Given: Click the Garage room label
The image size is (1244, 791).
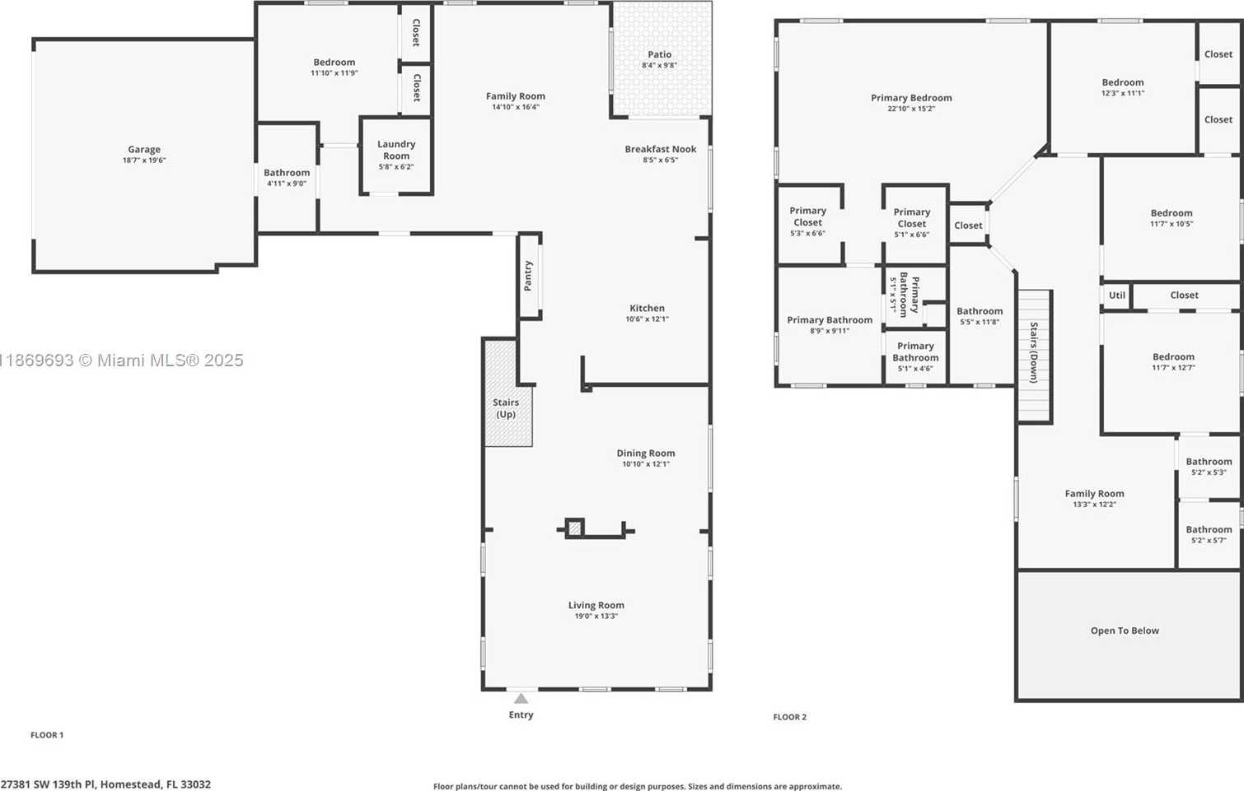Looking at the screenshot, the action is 144,149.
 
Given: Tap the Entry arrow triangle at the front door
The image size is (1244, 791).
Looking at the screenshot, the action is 521,698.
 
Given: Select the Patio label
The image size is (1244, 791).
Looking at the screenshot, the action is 660,54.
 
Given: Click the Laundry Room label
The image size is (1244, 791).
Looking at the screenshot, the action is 396,150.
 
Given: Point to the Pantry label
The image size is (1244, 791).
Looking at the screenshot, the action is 528,277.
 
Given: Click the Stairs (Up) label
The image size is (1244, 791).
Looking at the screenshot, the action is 506,408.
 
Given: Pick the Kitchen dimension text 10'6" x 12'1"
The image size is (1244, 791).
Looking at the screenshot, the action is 647,319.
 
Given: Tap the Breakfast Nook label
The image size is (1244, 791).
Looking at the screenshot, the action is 661,149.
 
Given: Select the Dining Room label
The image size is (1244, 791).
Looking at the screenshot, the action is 646,454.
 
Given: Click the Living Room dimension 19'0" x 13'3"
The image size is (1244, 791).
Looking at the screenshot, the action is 596,617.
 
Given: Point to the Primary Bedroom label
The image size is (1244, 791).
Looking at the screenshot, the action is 911,98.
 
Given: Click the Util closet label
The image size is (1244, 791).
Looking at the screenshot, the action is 1117,295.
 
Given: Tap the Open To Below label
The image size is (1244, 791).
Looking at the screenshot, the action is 1125,630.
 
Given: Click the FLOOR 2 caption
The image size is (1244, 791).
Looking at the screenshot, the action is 790,717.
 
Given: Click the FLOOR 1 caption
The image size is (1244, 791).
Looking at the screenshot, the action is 47,735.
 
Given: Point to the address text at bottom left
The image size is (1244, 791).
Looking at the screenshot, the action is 105,784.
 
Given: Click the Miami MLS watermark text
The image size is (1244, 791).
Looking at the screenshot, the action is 122,361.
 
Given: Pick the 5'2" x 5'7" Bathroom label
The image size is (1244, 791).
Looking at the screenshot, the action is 1209,534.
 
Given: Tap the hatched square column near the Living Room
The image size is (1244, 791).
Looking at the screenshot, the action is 575,528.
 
